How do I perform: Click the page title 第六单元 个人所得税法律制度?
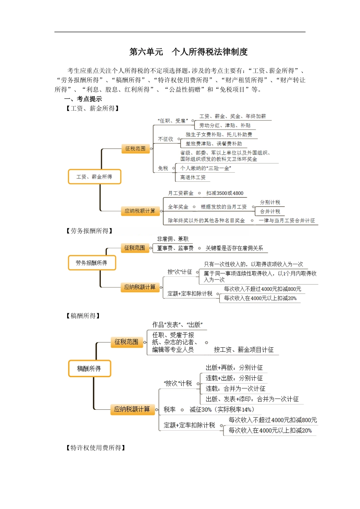[188, 52]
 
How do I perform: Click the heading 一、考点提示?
[83, 99]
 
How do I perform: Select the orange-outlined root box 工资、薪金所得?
[94, 177]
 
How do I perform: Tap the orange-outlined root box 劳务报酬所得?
[92, 263]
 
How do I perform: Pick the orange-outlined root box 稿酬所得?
[89, 368]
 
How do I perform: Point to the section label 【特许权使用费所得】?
[95, 448]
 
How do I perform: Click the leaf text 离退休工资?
[193, 177]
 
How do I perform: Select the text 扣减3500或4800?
[225, 193]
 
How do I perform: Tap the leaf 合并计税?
[270, 211]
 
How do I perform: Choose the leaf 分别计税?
[270, 202]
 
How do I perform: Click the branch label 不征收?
[166, 139]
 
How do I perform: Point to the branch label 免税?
[163, 168]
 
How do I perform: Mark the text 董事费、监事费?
[175, 248]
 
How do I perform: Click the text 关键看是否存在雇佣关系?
[234, 248]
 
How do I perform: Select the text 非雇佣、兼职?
[172, 239]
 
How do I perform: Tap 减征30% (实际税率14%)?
[222, 409]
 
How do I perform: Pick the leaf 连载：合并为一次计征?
[235, 389]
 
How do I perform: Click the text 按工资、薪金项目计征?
[244, 350]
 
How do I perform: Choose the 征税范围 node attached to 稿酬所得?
[127, 342]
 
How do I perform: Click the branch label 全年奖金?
[178, 207]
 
